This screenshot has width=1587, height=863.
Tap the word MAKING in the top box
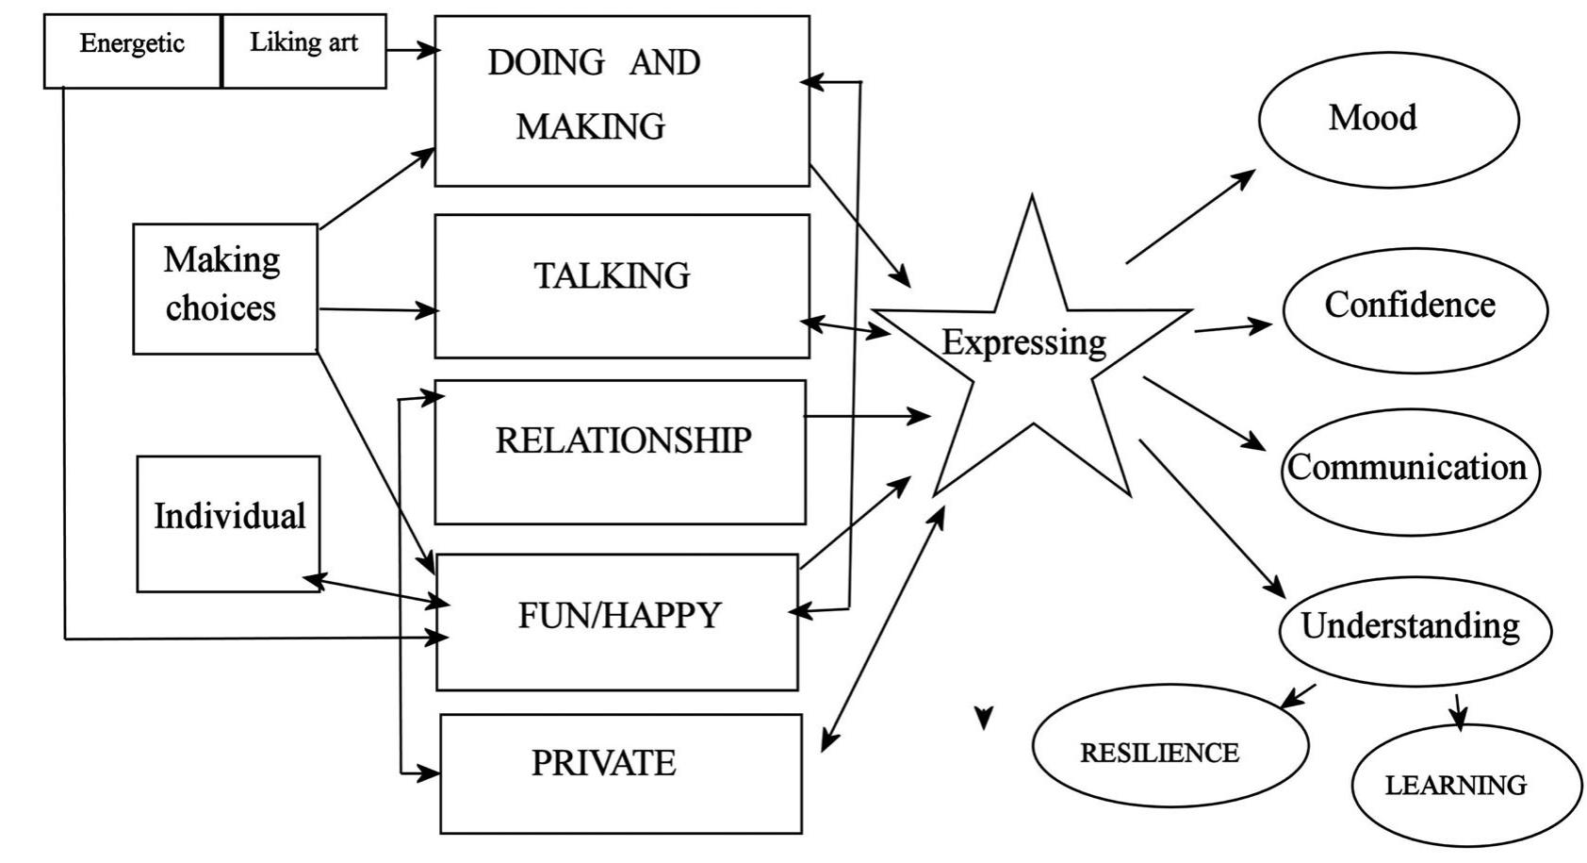pos(591,126)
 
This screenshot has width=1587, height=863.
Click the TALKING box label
pos(613,276)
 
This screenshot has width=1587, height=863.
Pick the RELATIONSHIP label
pos(623,440)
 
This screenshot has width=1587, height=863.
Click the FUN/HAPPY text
pos(619,616)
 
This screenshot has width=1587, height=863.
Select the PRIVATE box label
pos(604,763)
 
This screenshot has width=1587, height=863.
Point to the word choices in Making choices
pos(221,308)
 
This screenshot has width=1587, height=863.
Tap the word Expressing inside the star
pos(1023,342)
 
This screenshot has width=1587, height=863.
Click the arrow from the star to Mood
pos(1189,217)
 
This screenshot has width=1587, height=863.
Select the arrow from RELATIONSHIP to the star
pos(865,415)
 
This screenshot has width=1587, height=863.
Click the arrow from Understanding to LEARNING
pos(1459,711)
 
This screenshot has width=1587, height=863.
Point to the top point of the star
pos(1032,201)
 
